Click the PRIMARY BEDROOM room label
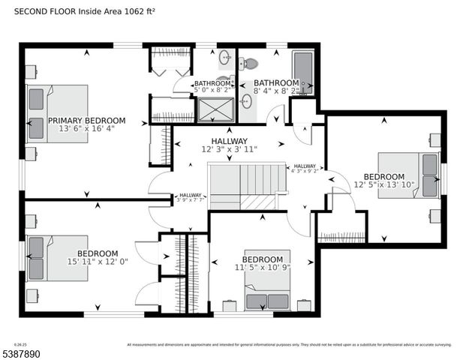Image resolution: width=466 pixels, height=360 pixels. tap(87, 120)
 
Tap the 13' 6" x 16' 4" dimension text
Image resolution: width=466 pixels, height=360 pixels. tap(87, 129)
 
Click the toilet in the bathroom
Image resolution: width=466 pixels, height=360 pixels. tap(248, 64)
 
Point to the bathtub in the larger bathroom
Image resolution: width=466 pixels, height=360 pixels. tap(302, 72)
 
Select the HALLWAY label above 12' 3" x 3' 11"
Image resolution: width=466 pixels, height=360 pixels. tap(229, 141)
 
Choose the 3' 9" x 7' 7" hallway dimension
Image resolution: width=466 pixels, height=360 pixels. tap(192, 199)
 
